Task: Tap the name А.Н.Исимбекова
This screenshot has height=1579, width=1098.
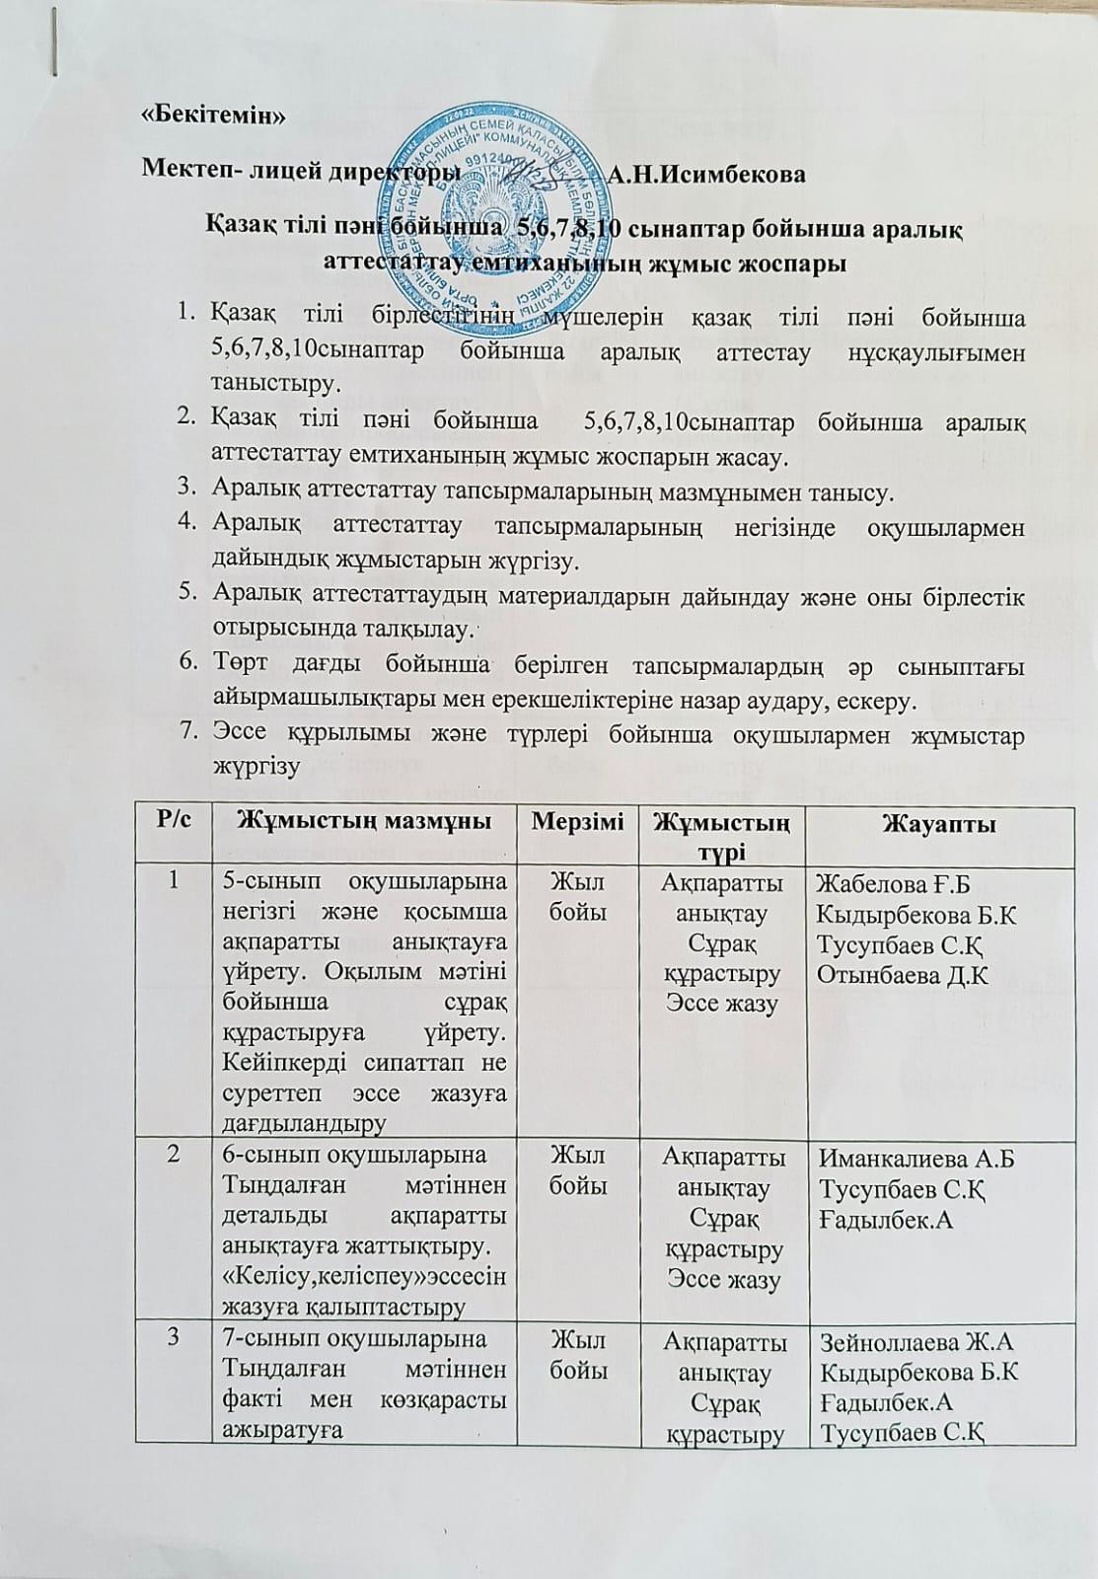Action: [x=706, y=176]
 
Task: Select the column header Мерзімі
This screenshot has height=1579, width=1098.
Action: [x=578, y=822]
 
